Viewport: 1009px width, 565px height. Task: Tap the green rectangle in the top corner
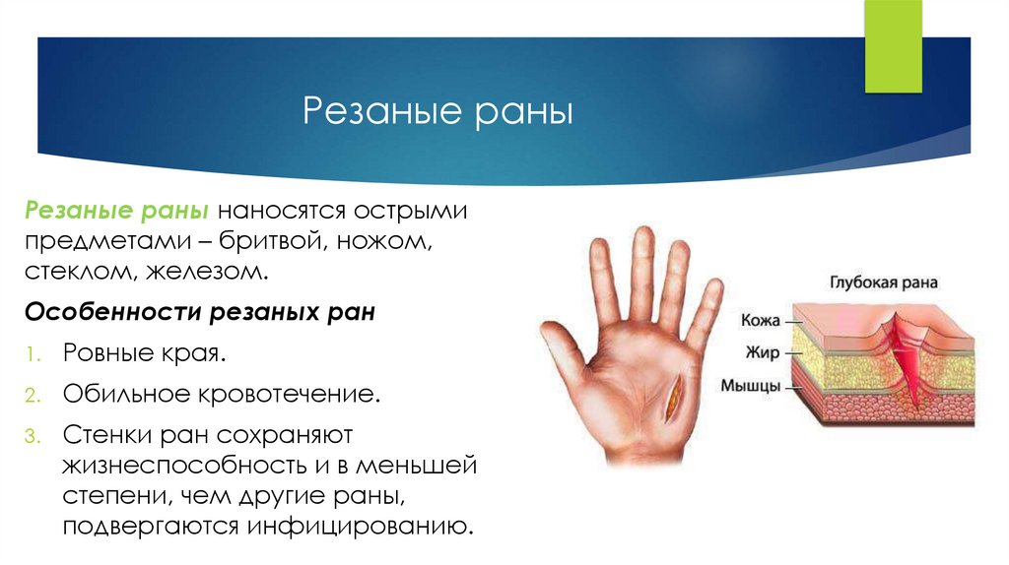pyautogui.click(x=893, y=47)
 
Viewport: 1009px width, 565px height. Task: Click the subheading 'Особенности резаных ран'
pyautogui.click(x=199, y=312)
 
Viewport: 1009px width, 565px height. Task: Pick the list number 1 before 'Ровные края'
pyautogui.click(x=33, y=352)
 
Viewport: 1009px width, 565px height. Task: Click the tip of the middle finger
pyautogui.click(x=643, y=238)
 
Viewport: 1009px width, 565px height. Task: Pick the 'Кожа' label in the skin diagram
pyautogui.click(x=759, y=320)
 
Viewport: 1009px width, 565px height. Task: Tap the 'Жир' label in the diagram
pyautogui.click(x=763, y=351)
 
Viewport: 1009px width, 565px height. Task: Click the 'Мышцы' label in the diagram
pyautogui.click(x=752, y=385)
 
